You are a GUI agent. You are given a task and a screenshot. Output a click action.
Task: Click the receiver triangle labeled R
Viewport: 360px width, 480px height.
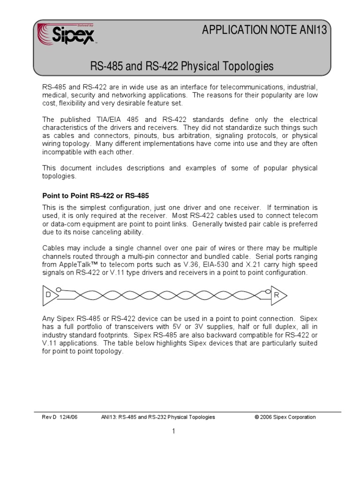[278, 295]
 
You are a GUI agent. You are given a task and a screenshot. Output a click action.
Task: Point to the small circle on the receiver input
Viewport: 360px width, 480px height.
[268, 292]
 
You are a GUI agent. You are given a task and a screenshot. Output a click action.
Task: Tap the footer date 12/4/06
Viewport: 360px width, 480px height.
[67, 417]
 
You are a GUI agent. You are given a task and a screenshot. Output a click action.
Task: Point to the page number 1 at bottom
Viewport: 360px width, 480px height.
[173, 432]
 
